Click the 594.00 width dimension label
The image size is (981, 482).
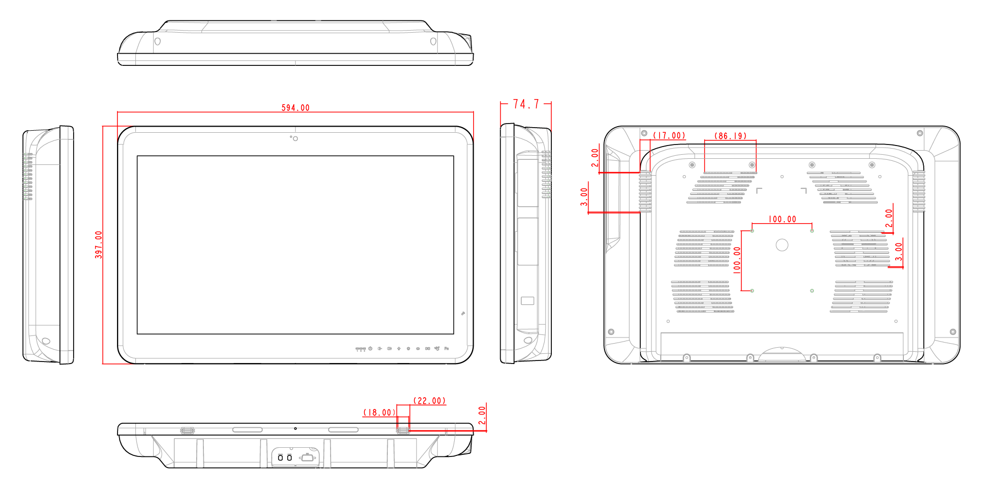click(x=295, y=108)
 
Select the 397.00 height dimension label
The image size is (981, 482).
click(x=99, y=245)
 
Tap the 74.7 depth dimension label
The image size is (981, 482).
click(x=526, y=104)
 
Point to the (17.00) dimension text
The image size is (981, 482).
click(x=669, y=135)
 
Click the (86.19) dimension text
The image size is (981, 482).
click(x=730, y=136)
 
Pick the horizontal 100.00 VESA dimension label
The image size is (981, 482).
click(x=782, y=219)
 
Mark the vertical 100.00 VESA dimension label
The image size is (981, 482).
click(x=737, y=260)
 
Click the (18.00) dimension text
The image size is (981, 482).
click(x=379, y=413)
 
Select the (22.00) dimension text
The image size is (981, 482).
click(x=429, y=401)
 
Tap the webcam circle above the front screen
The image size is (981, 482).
click(x=295, y=138)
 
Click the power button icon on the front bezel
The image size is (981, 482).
click(x=370, y=348)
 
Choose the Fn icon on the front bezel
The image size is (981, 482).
click(x=447, y=348)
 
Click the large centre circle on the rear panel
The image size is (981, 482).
click(x=782, y=245)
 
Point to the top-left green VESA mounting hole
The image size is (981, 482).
click(x=752, y=231)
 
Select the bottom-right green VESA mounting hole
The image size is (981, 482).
click(x=812, y=291)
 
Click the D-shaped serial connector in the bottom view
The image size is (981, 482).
click(x=307, y=457)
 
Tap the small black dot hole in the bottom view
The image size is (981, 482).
click(x=295, y=428)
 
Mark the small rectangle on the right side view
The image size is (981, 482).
click(x=527, y=301)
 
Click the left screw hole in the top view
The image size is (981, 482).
click(x=157, y=41)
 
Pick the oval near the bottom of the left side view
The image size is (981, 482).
click(x=46, y=341)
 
